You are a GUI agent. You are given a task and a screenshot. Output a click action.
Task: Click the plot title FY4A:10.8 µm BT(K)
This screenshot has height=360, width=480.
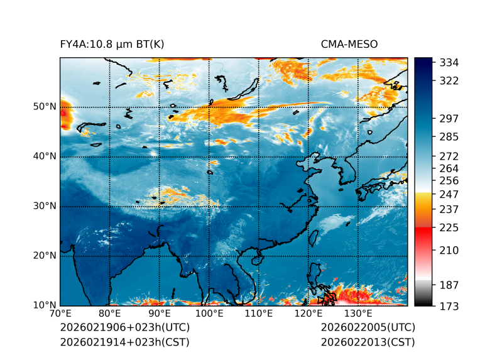click(112, 44)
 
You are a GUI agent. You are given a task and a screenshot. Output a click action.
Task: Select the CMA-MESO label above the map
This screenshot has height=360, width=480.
click(349, 44)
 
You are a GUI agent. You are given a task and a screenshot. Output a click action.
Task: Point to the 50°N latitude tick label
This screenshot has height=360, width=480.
click(45, 107)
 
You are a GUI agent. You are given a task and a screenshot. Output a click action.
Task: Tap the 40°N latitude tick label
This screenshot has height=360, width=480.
click(45, 156)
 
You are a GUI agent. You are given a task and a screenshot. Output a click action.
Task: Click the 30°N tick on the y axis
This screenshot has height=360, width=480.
click(45, 206)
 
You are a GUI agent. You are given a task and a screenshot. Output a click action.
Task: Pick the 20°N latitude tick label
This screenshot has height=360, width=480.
click(45, 256)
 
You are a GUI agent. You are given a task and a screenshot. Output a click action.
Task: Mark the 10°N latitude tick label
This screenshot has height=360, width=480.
click(45, 305)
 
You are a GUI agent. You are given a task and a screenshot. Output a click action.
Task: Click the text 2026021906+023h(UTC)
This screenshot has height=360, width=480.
click(124, 328)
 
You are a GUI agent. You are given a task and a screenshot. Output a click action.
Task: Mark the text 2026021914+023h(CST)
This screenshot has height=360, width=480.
click(124, 342)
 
